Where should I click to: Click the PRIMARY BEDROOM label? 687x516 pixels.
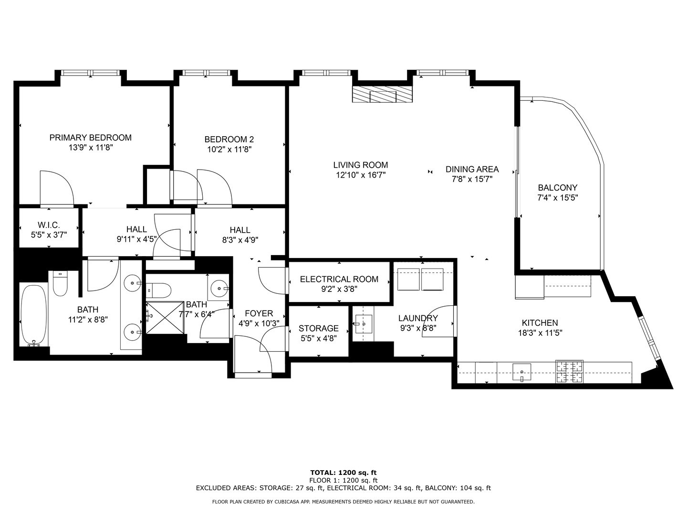coord(90,138)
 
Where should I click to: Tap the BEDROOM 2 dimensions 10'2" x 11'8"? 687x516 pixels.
coord(229,149)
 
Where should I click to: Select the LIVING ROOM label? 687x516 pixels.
coord(360,165)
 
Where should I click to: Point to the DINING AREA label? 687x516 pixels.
coord(472,169)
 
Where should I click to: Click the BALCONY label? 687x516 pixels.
coord(557,188)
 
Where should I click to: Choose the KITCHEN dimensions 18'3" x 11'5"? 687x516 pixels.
coord(540,333)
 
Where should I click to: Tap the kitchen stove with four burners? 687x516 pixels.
coord(569,372)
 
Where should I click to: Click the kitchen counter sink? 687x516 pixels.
coord(522,371)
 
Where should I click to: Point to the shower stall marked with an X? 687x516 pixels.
coord(165,318)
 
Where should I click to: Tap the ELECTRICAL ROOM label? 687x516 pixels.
coord(339,279)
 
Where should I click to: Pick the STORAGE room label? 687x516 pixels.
coord(318,328)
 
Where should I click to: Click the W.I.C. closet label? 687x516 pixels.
coord(49,225)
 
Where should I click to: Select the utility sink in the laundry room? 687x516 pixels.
coord(363,323)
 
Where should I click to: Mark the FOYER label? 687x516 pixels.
coord(259,313)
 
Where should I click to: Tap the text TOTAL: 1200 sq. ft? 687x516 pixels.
coord(343,473)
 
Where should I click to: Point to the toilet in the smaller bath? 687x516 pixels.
coord(159,290)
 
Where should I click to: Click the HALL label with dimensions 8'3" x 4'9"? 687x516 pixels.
coord(239,230)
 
